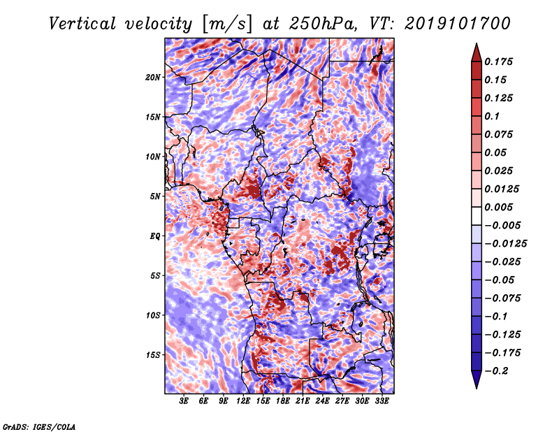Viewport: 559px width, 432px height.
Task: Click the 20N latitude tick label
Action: [153, 78]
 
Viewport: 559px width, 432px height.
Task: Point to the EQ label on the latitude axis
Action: [155, 236]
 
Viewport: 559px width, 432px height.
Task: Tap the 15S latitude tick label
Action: [153, 355]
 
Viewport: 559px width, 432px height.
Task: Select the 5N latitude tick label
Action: [155, 196]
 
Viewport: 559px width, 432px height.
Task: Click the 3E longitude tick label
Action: [184, 401]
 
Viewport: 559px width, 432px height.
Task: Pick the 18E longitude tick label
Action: [283, 401]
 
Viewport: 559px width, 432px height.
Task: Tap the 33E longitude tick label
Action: [382, 401]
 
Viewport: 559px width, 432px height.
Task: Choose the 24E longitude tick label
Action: [322, 401]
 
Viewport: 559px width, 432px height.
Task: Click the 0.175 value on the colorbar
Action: [499, 62]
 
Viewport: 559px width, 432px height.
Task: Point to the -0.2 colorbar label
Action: [497, 371]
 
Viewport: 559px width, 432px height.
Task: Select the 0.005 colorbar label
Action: [499, 207]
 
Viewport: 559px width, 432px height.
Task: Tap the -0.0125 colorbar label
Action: [506, 244]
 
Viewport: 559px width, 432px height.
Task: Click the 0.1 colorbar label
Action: [492, 116]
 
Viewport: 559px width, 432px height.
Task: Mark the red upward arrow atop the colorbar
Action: [477, 52]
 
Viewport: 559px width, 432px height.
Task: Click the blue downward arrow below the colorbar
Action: [477, 380]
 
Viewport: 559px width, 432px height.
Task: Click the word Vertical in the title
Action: [82, 24]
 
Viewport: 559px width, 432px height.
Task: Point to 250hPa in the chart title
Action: [324, 24]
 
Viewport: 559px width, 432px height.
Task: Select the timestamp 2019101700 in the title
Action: [458, 24]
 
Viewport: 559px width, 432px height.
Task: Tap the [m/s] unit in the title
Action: [227, 24]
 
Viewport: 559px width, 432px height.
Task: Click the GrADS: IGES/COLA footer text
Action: [39, 426]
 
